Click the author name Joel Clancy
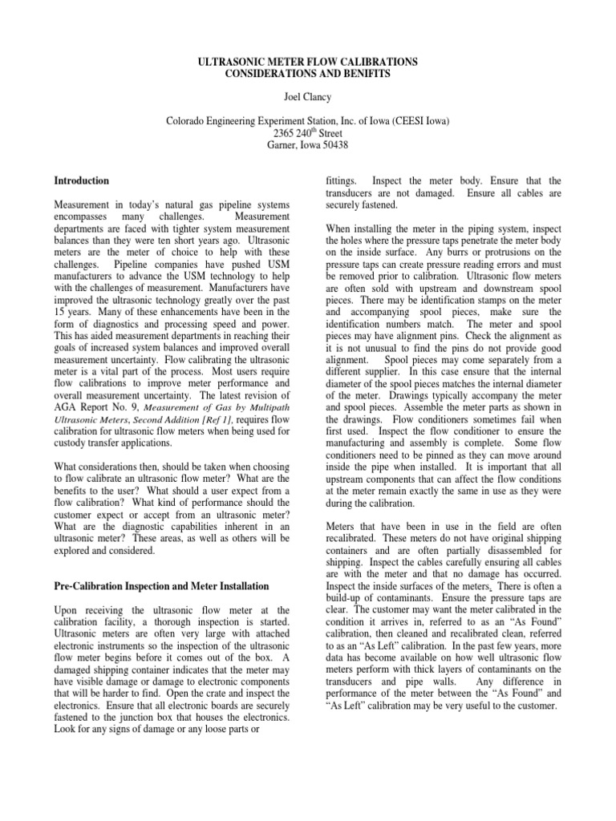308,96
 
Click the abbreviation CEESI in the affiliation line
410,120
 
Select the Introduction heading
81,181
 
